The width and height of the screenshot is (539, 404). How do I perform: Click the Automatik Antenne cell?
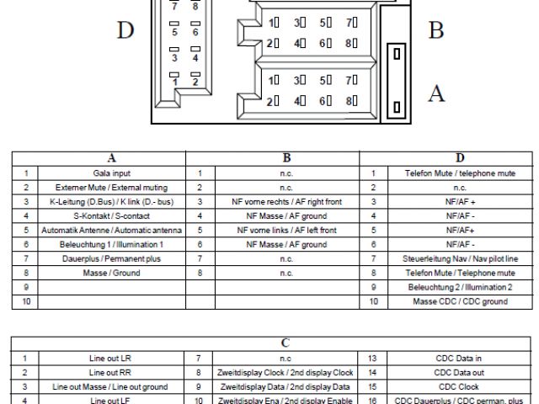pos(111,230)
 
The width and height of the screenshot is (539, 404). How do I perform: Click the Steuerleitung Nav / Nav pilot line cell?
pos(460,258)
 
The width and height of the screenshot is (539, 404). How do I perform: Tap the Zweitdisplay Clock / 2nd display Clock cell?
pos(284,371)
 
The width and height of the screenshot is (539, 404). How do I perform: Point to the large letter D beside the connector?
pos(126,31)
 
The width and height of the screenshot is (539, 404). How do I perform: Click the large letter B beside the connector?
pos(435,31)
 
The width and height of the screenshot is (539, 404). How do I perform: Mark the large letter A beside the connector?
pos(435,94)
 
